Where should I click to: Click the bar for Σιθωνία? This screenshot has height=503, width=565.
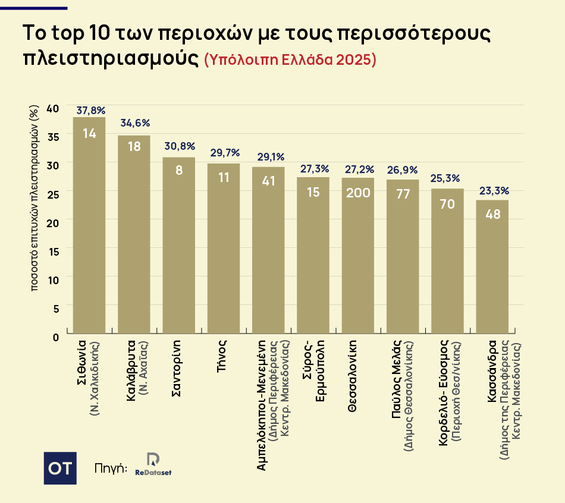tap(89, 226)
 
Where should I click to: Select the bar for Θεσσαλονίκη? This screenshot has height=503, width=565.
tap(358, 256)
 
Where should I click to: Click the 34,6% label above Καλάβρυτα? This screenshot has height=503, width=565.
tap(135, 123)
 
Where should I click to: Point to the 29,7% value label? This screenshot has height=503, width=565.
tap(224, 153)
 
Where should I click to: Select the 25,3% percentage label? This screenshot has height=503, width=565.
tap(447, 178)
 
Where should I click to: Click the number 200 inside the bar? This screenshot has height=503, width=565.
tap(358, 193)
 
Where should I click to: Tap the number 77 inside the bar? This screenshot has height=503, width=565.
tap(403, 194)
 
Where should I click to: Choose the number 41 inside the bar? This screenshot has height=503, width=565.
tap(269, 181)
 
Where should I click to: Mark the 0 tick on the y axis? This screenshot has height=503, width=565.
tap(56, 337)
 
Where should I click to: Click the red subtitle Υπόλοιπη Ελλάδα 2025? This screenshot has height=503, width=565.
tap(290, 60)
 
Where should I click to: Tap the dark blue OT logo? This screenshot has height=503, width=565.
tap(60, 468)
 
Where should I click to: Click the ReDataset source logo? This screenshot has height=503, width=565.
tap(153, 464)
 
